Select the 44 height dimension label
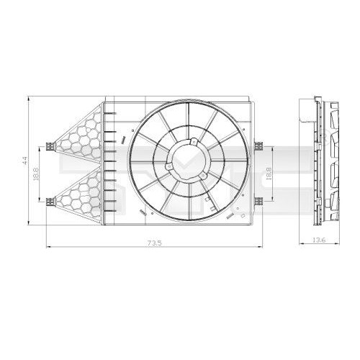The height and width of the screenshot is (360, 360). click(x=25, y=161)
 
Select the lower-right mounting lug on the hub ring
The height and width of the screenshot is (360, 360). click(x=203, y=174)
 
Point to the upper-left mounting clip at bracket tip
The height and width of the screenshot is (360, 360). click(x=50, y=146)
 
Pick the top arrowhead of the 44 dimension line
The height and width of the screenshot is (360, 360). click(x=30, y=99)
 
